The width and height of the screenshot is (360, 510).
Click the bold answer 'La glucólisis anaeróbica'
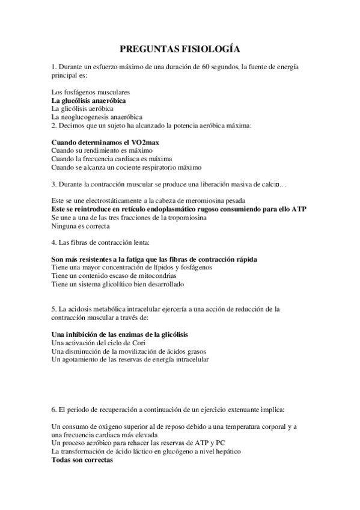coord(88,100)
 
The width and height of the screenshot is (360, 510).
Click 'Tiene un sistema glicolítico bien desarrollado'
coord(118,284)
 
